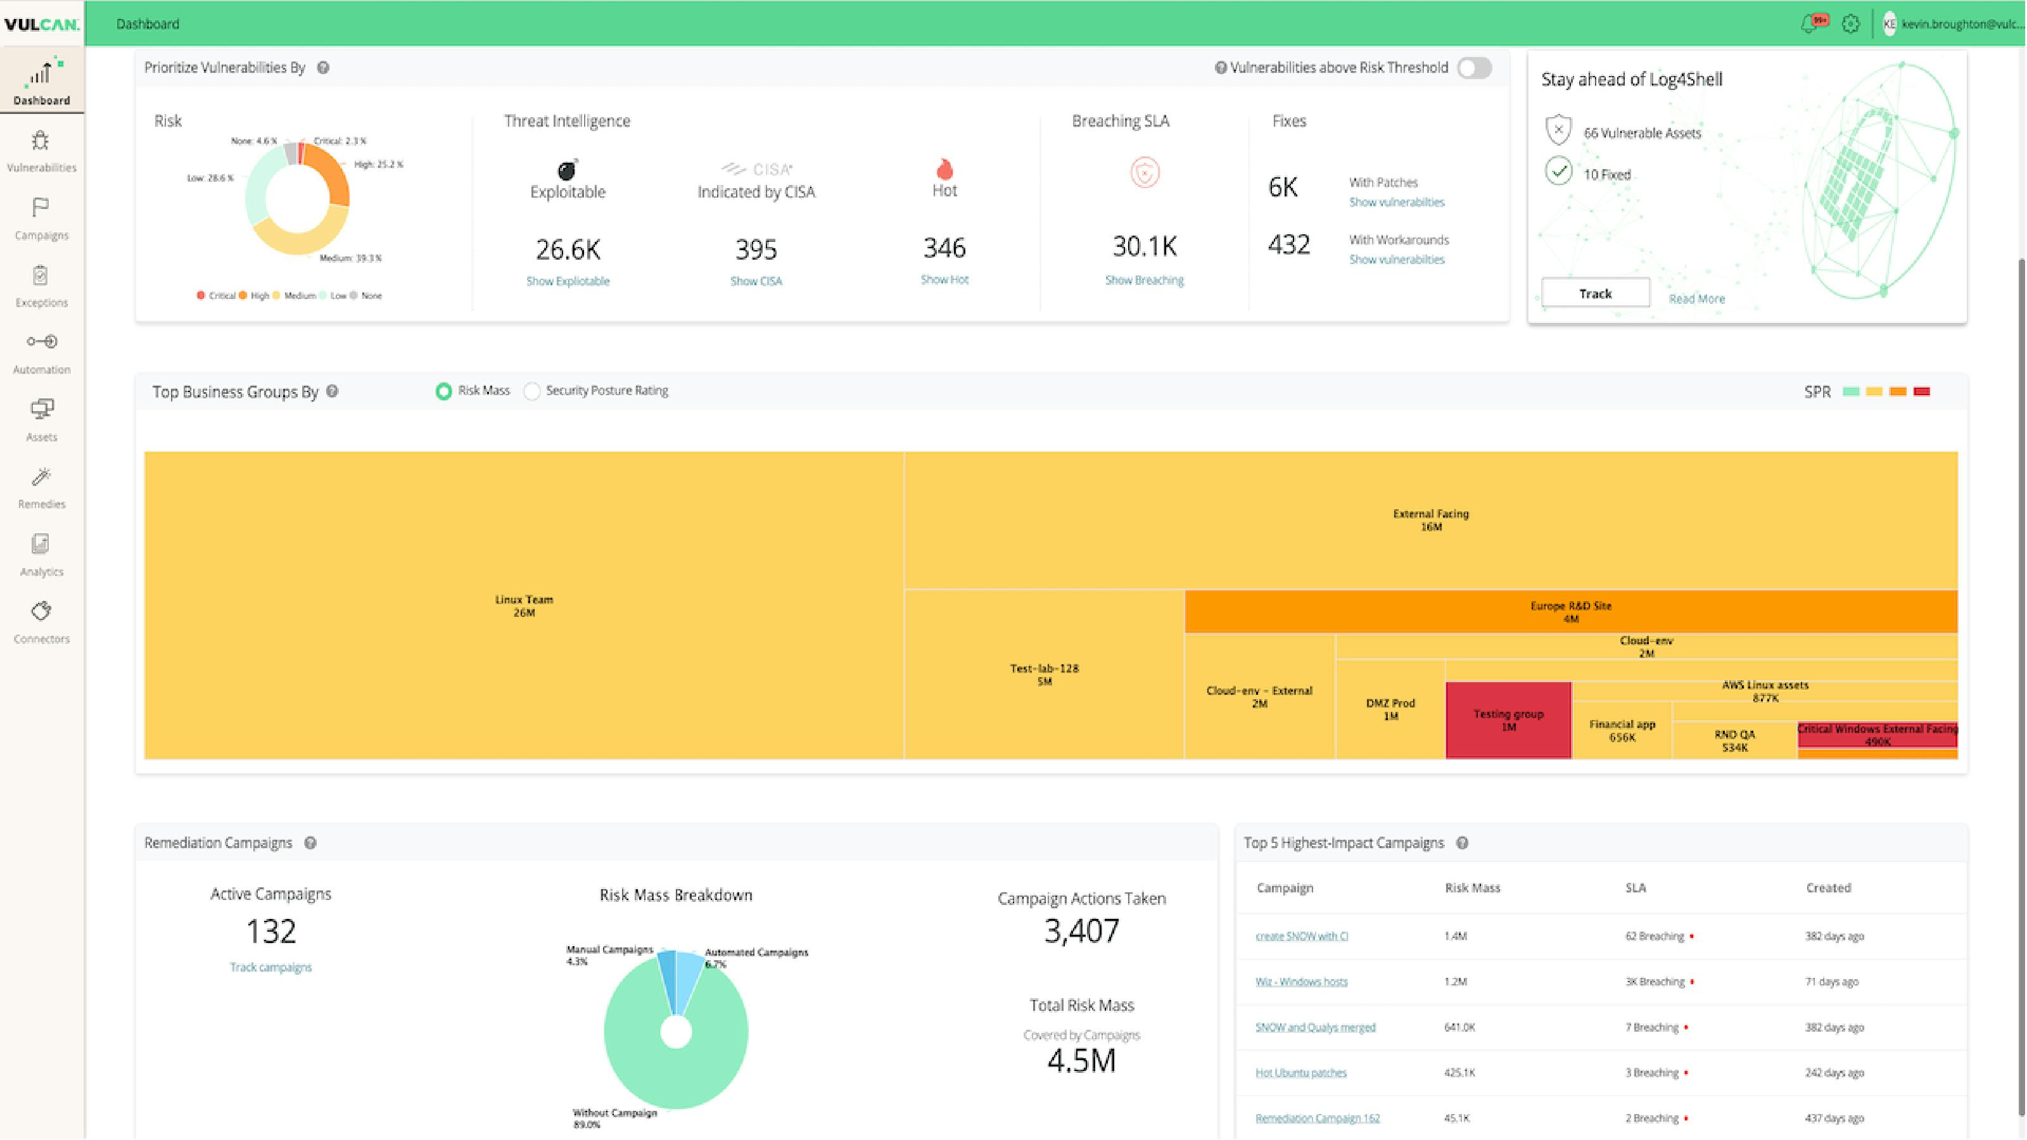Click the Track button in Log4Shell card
1595,293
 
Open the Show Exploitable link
568,281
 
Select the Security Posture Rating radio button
533,391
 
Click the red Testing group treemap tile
1508,720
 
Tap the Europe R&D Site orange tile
1570,611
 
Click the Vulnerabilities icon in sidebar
41,142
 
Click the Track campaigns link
270,967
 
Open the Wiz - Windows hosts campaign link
1300,981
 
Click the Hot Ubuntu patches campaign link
1300,1072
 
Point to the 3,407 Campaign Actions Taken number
1081,931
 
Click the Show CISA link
756,281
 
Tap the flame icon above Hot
944,168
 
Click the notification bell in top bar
1809,23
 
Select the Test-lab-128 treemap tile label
1043,674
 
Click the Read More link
1696,299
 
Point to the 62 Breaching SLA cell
1654,935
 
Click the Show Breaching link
1143,280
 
